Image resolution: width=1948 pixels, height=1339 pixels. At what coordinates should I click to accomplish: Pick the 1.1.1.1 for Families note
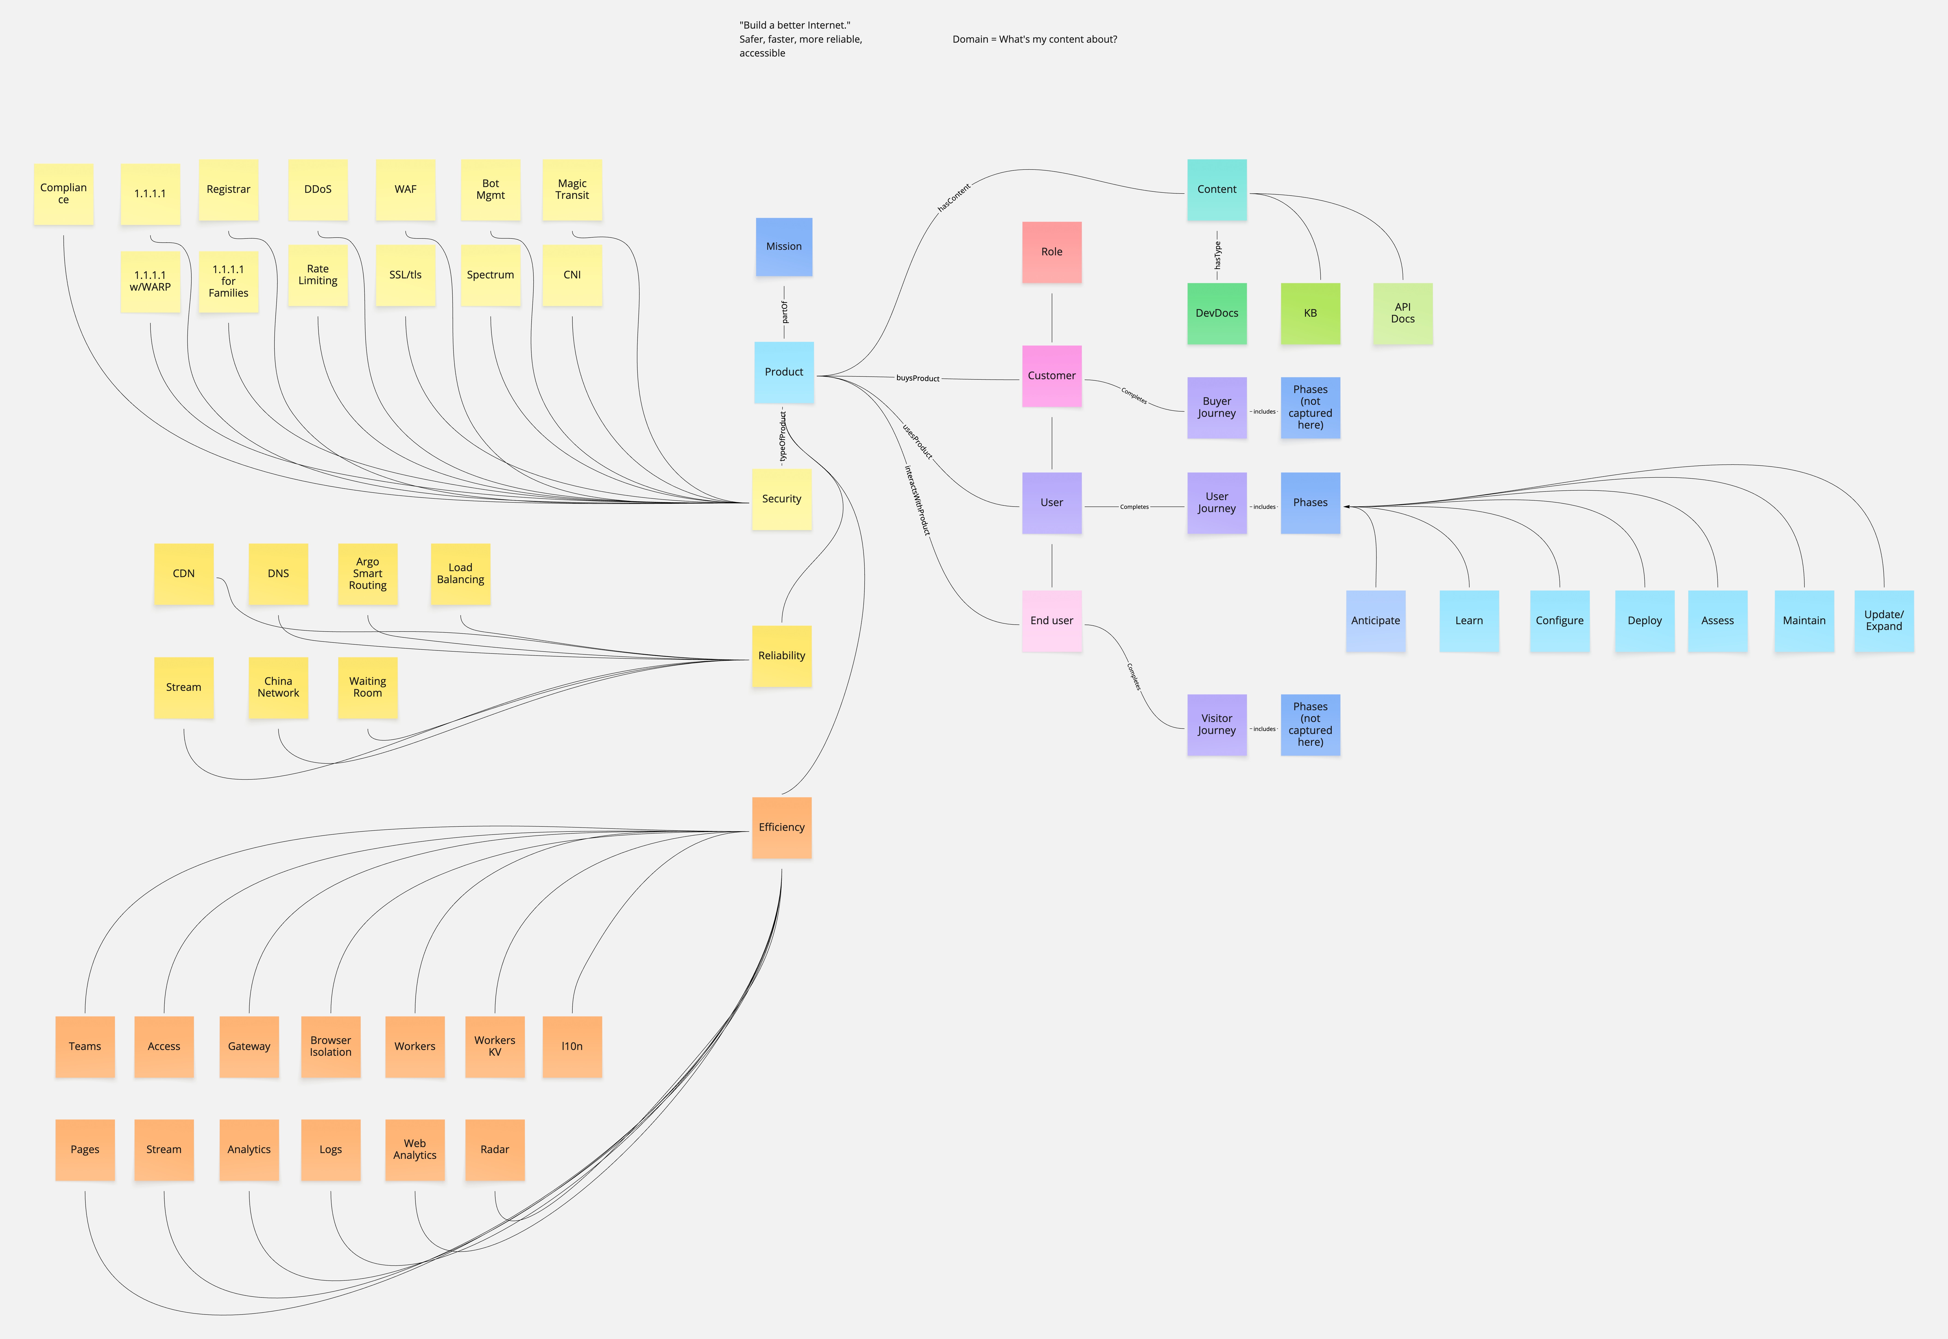(x=228, y=281)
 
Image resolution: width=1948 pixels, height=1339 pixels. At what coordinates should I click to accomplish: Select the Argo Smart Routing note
(x=368, y=574)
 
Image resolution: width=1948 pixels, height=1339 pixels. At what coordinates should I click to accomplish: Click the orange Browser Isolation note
(x=331, y=1046)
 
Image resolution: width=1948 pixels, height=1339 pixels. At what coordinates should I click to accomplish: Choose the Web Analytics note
(x=415, y=1149)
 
